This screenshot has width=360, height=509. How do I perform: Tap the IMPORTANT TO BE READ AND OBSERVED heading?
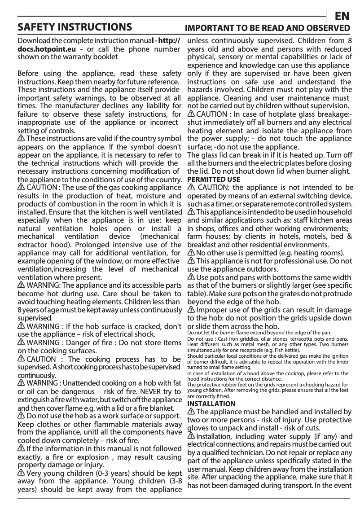(x=268, y=27)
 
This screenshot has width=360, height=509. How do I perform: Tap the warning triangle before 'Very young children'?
(x=21, y=473)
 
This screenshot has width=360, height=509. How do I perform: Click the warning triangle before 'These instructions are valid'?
(x=21, y=138)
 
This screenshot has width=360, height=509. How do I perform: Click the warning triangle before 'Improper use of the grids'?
(x=192, y=310)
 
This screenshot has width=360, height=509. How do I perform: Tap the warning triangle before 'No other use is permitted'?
(x=192, y=253)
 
